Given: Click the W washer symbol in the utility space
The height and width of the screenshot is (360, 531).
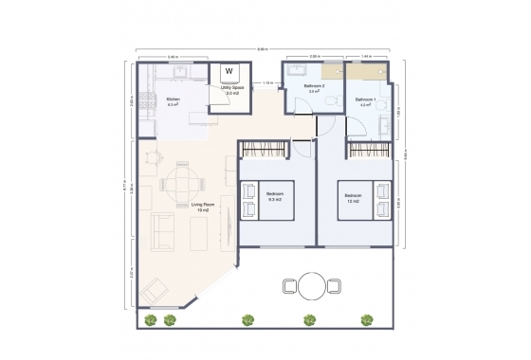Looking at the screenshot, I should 229,72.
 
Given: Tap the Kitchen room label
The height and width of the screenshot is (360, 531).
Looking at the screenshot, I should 174,101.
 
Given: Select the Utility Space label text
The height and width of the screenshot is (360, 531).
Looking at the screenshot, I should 231,89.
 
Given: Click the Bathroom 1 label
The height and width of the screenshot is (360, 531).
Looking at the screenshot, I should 365,101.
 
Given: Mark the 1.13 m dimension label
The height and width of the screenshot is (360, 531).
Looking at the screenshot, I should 268,83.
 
